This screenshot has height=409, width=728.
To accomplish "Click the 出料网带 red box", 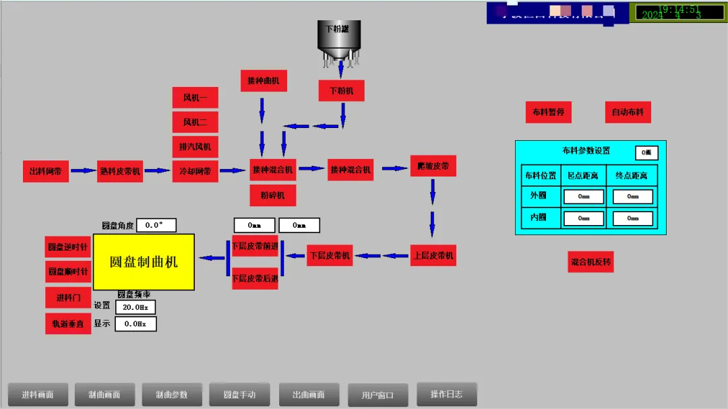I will click(x=46, y=171).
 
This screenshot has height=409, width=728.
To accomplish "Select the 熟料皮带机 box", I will click(x=120, y=171).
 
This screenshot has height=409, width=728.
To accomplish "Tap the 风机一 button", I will click(x=195, y=98).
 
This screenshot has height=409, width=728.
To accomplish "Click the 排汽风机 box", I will click(x=195, y=146).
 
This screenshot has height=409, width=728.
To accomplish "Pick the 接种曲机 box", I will click(x=263, y=81).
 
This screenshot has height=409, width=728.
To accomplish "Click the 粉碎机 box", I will click(x=273, y=195).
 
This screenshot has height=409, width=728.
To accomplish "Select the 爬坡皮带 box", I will click(x=433, y=166).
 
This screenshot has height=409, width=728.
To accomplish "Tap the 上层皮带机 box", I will click(x=433, y=255).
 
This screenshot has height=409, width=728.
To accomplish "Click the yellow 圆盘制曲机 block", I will click(x=144, y=261).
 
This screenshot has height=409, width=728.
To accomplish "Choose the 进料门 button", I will click(x=68, y=298).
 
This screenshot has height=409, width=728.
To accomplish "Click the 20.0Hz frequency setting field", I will click(x=135, y=307).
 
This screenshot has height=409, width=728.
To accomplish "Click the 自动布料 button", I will click(x=628, y=113).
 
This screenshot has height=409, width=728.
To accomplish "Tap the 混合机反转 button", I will click(x=590, y=262).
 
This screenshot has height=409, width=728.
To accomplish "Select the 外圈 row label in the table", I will click(x=539, y=197).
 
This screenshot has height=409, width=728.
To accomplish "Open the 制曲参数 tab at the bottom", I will click(x=172, y=395).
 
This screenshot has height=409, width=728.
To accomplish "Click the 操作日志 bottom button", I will click(x=447, y=394).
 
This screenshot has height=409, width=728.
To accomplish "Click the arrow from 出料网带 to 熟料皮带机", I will click(x=84, y=171).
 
